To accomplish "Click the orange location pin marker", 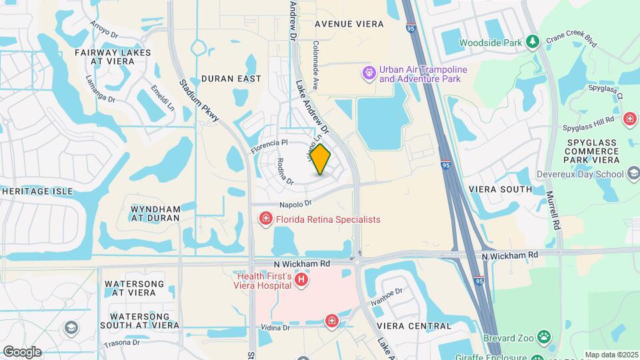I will pos(321,159).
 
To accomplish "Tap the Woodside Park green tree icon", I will pos(532,43).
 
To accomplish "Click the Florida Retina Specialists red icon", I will pos(265,219).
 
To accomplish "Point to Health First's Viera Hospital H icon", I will pos(301,280).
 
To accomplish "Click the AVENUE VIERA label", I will pos(349,24).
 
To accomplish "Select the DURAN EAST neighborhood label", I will pos(231,79).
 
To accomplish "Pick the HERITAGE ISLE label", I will pos(37,191).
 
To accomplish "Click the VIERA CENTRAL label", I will pos(413,326).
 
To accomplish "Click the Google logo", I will pos(21,351).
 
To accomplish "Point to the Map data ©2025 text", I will pos(611,355).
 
